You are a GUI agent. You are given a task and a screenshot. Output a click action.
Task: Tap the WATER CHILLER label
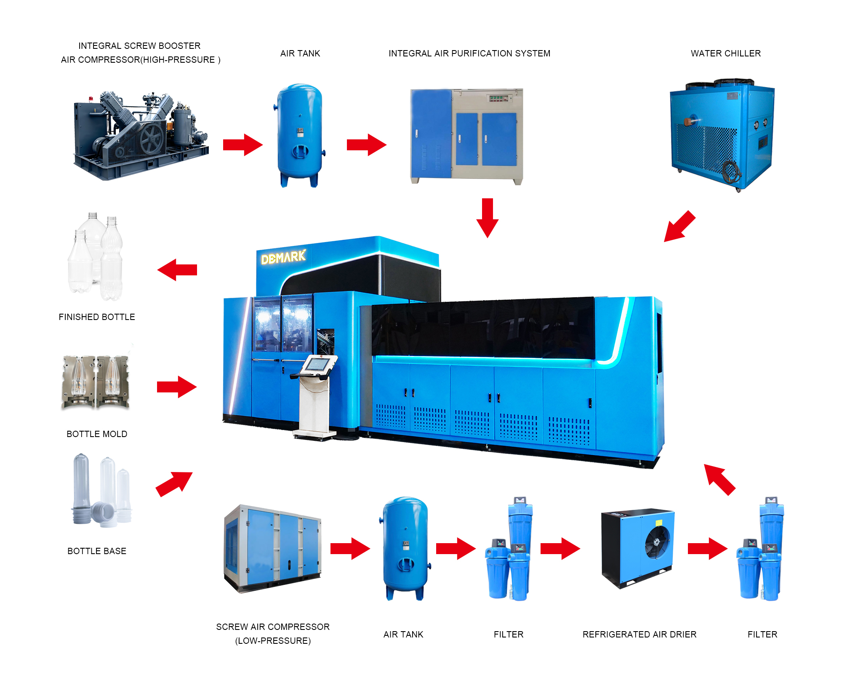click(x=725, y=53)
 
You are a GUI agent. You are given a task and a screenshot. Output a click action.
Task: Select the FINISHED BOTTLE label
click(x=97, y=317)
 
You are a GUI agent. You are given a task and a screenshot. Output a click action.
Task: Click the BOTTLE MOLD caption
click(x=97, y=434)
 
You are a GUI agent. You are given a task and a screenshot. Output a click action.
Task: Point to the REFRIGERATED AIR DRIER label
click(x=639, y=635)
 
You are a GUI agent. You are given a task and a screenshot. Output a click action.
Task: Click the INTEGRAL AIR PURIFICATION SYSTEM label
click(x=469, y=53)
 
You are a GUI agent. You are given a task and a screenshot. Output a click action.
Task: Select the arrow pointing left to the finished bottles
click(x=177, y=270)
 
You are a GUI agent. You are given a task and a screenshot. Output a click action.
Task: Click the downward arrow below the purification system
click(x=488, y=218)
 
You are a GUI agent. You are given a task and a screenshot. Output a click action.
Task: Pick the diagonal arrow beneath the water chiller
click(x=679, y=227)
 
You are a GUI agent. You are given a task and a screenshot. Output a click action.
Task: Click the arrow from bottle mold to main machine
click(x=177, y=387)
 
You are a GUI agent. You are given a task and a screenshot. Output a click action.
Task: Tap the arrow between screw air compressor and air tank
click(x=350, y=549)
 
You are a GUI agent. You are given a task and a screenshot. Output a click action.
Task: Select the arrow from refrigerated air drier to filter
click(x=708, y=549)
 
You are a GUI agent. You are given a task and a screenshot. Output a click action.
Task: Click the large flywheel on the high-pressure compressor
click(x=152, y=139)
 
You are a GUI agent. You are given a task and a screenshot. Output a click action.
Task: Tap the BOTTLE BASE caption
click(x=97, y=551)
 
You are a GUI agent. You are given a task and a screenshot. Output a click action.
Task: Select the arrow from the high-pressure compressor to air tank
click(x=243, y=145)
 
